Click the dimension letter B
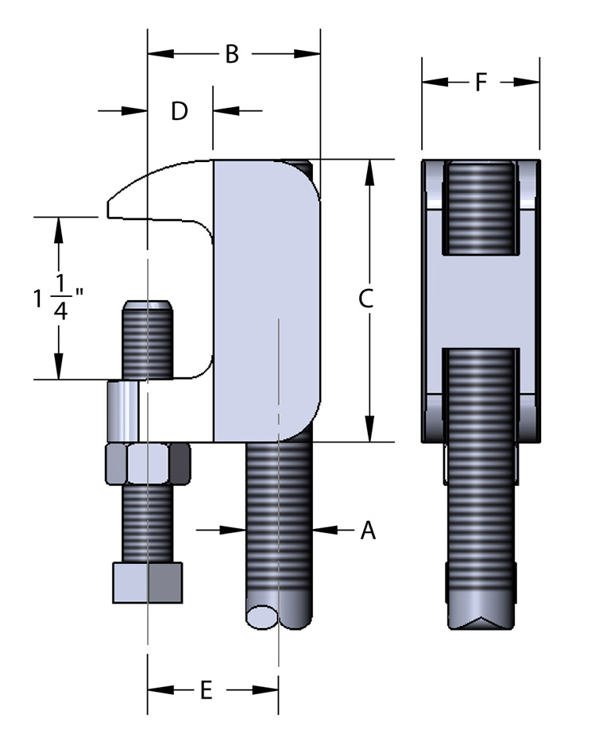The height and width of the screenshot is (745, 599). point(232,54)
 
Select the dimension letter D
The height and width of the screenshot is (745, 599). point(180,111)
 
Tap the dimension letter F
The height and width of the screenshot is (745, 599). point(480,82)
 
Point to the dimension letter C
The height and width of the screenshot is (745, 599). point(365,299)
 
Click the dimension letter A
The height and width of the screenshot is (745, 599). point(367,530)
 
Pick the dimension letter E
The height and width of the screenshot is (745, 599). point(205,691)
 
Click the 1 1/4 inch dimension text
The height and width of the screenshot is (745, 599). point(59,298)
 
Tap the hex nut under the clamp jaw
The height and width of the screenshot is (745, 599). point(149,464)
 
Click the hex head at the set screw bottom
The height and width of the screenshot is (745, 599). point(148,582)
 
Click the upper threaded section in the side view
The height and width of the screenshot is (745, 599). point(480,208)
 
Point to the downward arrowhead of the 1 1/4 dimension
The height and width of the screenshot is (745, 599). point(57,369)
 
